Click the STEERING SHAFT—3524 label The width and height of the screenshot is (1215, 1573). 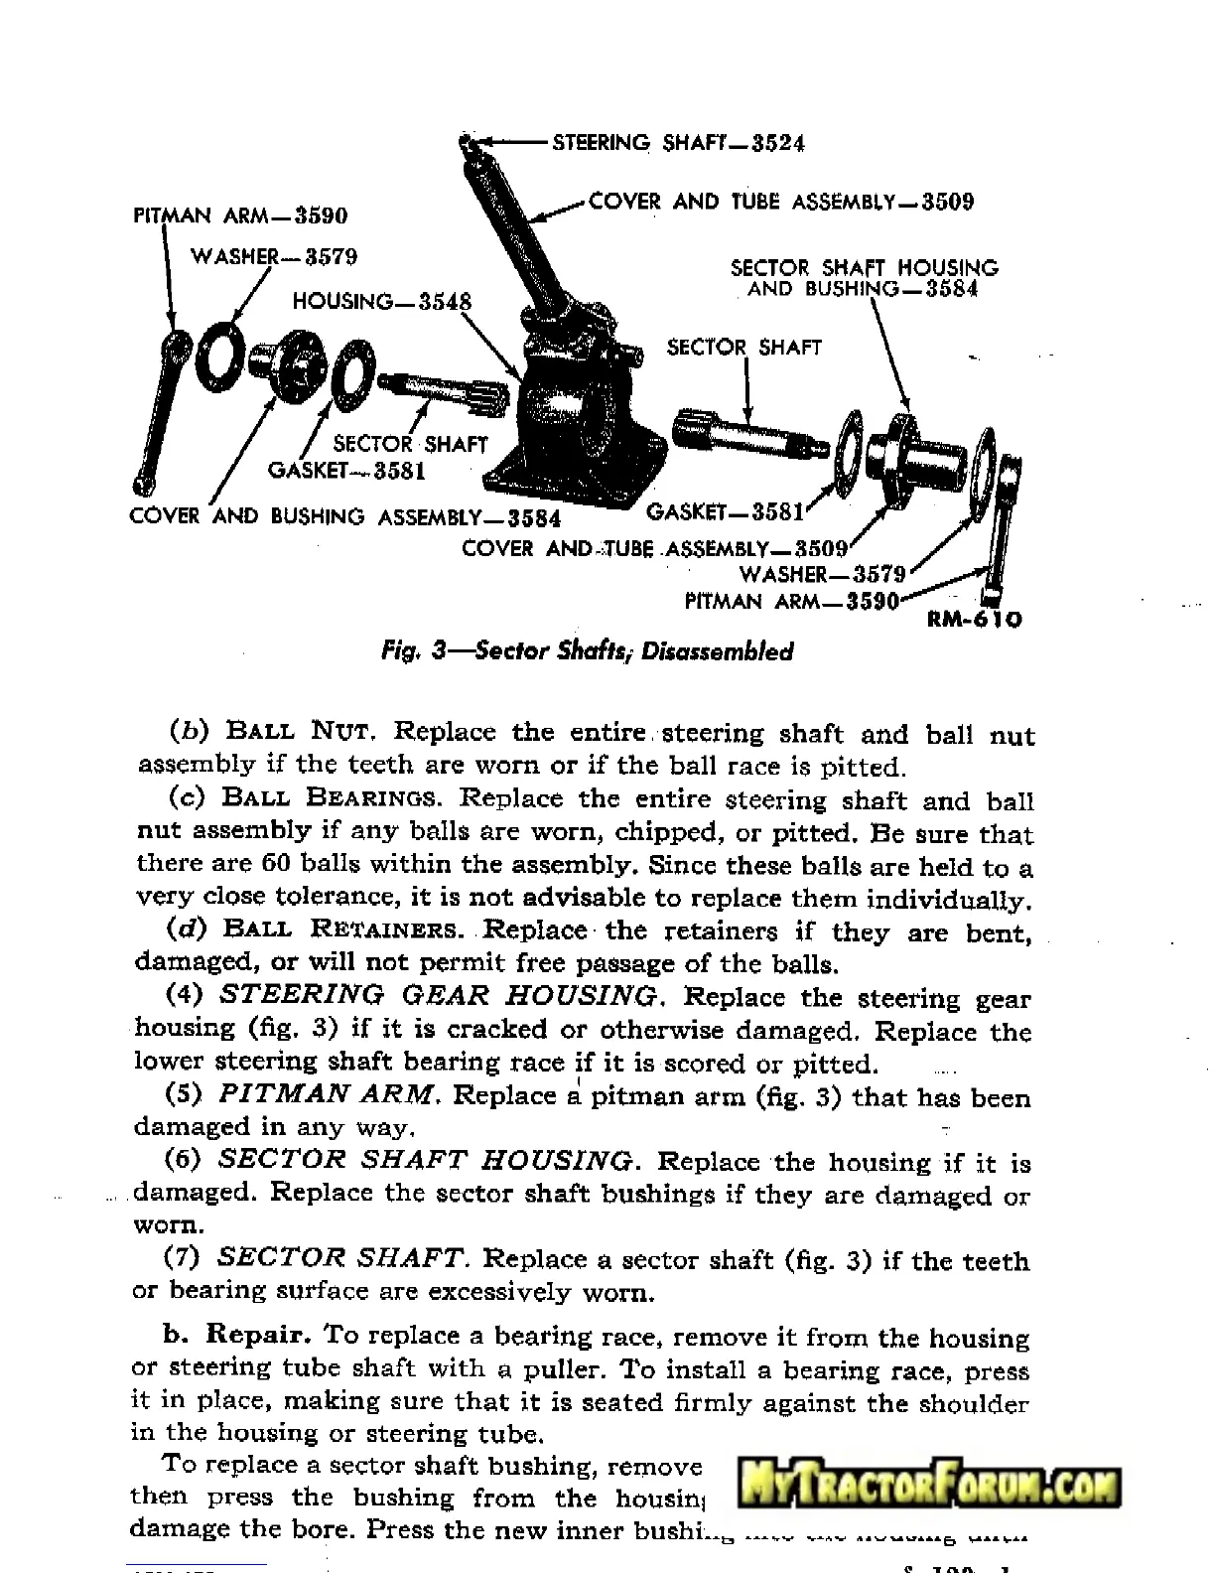(678, 143)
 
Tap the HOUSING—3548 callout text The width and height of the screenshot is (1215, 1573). (382, 301)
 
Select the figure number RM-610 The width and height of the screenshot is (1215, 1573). (974, 620)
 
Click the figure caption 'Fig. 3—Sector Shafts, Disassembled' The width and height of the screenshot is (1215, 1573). (588, 651)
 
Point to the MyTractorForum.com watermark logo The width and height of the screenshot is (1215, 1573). (930, 1488)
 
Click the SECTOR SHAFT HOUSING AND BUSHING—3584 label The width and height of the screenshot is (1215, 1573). (864, 278)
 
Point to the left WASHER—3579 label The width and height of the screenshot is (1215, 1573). (274, 256)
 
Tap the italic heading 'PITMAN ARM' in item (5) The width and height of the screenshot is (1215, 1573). (326, 1094)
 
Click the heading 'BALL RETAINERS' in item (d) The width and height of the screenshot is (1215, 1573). (342, 930)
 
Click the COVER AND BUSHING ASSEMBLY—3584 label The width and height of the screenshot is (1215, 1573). (344, 517)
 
